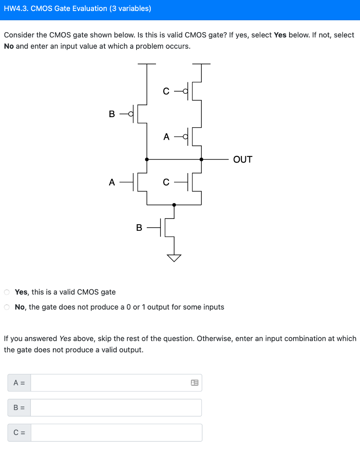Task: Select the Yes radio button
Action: coord(7,292)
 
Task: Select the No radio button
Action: coord(7,307)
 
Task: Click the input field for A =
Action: coord(110,383)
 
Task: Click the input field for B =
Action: coord(116,408)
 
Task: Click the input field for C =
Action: coord(116,433)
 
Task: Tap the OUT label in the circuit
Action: coord(242,159)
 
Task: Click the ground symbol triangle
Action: coord(174,258)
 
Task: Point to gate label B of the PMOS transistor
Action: coord(111,114)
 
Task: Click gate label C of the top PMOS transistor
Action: coord(166,91)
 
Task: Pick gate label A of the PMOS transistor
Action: coord(166,137)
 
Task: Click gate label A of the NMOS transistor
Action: coord(112,182)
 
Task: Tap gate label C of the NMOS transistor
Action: coord(166,182)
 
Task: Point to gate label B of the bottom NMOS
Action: coord(139,228)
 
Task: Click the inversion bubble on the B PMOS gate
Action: coord(130,114)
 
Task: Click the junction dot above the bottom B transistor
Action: coord(174,205)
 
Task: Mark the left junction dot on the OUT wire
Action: coord(147,159)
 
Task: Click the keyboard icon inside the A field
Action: coord(194,383)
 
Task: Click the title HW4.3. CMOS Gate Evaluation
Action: coord(77,8)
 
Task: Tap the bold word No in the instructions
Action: coord(9,46)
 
